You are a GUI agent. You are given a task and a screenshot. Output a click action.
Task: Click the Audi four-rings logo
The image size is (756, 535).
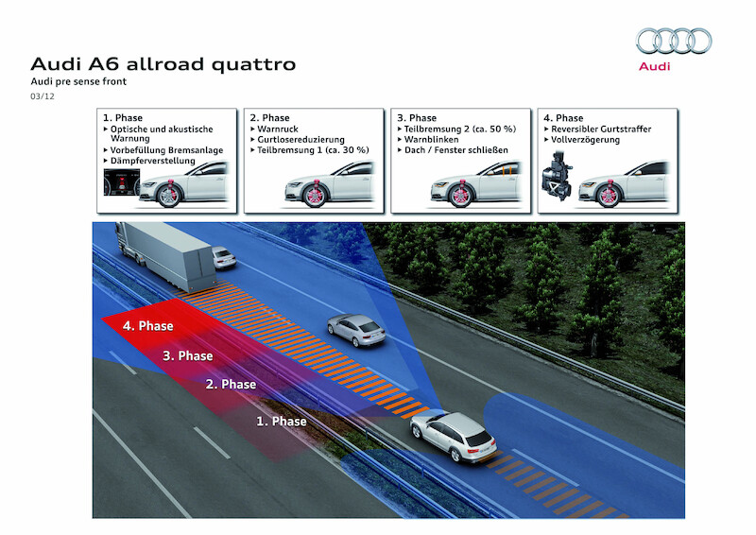click(674, 42)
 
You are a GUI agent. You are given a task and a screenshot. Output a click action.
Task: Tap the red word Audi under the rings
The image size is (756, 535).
click(655, 66)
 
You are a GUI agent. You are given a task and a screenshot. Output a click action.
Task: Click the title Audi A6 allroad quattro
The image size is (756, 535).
click(163, 64)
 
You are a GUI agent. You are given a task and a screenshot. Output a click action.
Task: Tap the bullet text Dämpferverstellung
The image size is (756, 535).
click(153, 161)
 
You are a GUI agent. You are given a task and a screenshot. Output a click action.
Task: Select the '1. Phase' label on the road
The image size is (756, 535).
click(282, 421)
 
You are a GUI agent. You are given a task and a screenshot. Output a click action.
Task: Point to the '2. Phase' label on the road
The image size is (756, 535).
click(231, 385)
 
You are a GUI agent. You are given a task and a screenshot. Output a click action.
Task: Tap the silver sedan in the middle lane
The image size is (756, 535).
click(354, 329)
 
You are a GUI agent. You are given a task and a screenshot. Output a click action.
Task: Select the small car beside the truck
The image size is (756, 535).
click(223, 258)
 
